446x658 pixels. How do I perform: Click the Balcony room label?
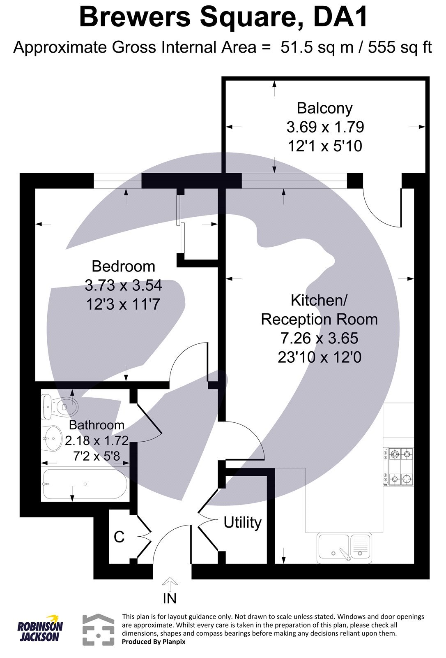(x=324, y=108)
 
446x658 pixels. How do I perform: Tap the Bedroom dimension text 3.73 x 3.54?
(x=123, y=285)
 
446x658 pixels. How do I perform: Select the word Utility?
(x=242, y=522)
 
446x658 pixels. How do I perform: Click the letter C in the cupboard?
(x=119, y=537)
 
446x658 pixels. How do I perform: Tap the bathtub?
(x=84, y=484)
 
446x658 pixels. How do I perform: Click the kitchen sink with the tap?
(x=344, y=548)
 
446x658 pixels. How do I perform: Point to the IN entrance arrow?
(x=170, y=584)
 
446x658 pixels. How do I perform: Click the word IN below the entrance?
(x=170, y=599)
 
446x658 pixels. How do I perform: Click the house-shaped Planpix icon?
(x=98, y=630)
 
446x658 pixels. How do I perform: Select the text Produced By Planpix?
(x=154, y=641)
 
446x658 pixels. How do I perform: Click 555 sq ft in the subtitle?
(x=400, y=48)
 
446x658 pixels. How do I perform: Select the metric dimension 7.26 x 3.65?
(x=319, y=338)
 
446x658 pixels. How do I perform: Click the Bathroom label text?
(x=97, y=425)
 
